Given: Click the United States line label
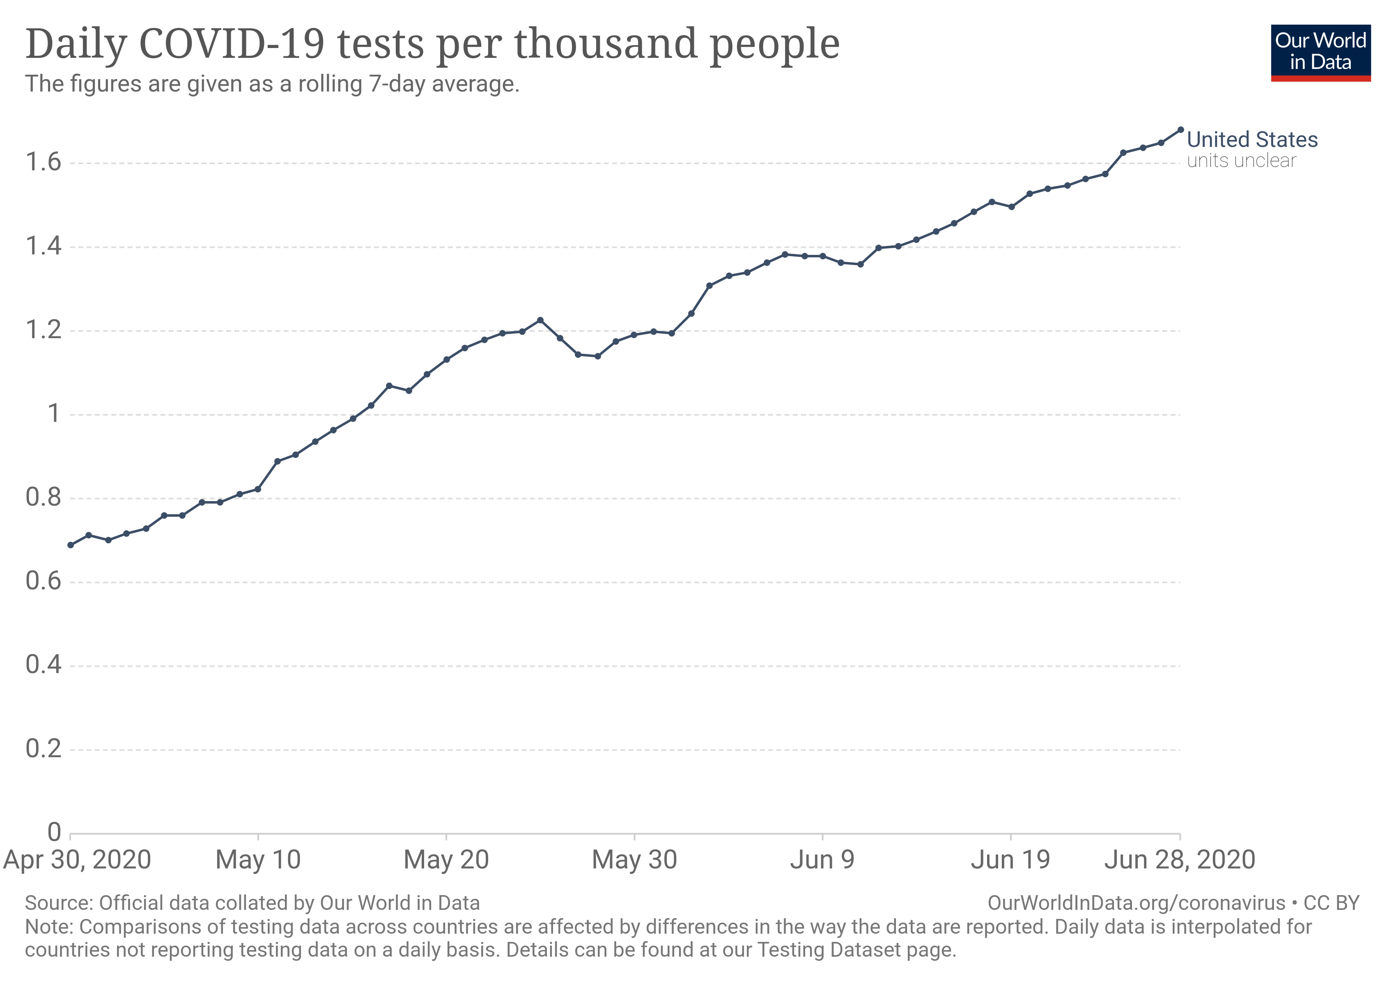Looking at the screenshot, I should tap(1252, 140).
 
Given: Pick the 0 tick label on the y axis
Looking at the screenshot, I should tap(54, 832).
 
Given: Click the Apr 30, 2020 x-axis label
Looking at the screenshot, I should tap(77, 860).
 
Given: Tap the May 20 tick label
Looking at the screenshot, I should tap(446, 860).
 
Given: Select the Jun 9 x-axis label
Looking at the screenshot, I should tap(822, 860).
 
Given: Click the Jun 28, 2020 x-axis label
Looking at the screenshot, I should tap(1180, 860).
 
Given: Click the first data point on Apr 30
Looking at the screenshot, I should tap(71, 545).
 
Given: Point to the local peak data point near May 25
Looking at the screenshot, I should tap(540, 320).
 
